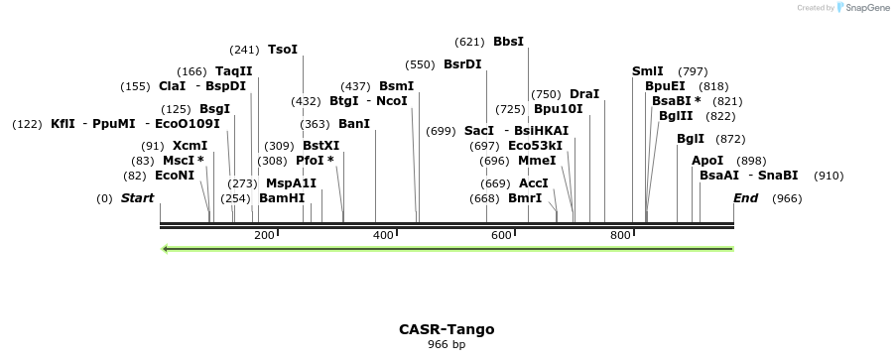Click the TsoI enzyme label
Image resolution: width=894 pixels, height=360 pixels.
click(283, 50)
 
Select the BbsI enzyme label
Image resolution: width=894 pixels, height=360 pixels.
click(508, 42)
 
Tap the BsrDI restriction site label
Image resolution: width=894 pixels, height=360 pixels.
click(462, 64)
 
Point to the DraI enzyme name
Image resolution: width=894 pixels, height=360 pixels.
click(584, 94)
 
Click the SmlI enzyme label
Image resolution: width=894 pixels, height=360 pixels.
click(648, 71)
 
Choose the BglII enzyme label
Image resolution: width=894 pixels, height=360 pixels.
click(677, 116)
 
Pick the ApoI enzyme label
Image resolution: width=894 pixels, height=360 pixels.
click(707, 161)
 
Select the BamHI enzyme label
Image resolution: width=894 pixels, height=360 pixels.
click(282, 198)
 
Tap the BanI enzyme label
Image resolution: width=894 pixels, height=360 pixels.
click(354, 124)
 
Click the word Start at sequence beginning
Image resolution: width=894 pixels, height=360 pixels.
click(137, 198)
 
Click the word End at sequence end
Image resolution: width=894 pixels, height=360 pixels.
click(745, 198)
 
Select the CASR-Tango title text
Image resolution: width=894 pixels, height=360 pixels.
click(447, 329)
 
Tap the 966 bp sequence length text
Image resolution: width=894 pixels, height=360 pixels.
click(447, 345)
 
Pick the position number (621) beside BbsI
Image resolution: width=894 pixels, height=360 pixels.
click(469, 42)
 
